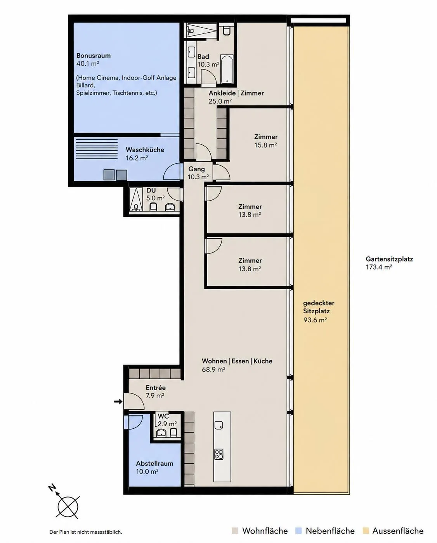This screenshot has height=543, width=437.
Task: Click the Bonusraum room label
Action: pos(94,56)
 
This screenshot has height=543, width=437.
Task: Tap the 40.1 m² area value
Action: pos(87,64)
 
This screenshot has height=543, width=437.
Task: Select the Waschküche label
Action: pos(145,150)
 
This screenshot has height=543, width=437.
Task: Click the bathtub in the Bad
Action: pos(227,69)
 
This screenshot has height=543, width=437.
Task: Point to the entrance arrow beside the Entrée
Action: pos(118,401)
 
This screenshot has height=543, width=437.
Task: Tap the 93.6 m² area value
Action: pos(315,320)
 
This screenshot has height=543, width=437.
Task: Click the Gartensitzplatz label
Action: pos(389,259)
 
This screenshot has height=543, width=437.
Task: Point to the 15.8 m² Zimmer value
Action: pos(265,145)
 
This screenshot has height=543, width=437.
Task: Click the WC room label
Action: pos(163,416)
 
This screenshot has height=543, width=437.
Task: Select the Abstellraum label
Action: pos(155,464)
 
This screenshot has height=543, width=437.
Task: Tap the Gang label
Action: pos(197,169)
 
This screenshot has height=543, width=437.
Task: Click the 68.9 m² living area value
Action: pos(213,369)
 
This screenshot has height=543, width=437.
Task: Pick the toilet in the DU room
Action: pos(153,207)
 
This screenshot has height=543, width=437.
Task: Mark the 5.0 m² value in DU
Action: pos(156,198)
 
